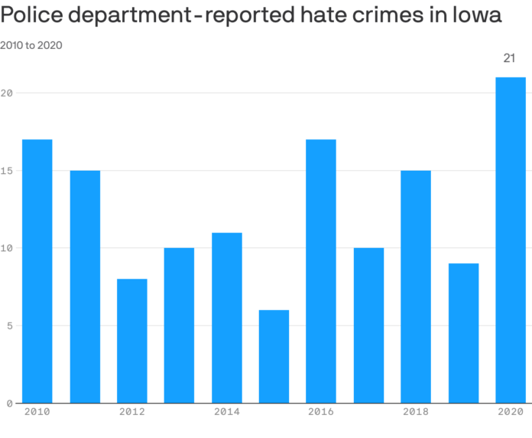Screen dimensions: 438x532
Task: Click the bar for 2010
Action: click(x=37, y=271)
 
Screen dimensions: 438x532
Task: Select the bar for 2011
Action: click(x=85, y=286)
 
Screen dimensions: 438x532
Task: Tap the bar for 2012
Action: click(x=132, y=341)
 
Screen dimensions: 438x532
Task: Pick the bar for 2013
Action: click(x=179, y=325)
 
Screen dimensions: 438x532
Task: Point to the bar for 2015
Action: click(x=274, y=356)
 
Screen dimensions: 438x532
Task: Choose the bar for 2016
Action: click(x=321, y=271)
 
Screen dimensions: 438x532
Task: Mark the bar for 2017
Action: click(x=368, y=325)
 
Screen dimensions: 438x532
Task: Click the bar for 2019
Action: click(x=463, y=333)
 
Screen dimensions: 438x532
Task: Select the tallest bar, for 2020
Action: click(x=511, y=240)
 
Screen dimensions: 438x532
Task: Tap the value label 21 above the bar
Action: click(x=510, y=58)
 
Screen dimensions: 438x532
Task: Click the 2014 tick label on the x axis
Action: click(x=226, y=412)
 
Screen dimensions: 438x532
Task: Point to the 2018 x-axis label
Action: click(x=416, y=412)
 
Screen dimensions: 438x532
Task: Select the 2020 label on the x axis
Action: click(x=511, y=412)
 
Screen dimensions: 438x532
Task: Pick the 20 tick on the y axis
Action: click(x=7, y=93)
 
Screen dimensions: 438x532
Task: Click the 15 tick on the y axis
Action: click(x=7, y=171)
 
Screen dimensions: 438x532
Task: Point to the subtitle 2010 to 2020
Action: click(x=31, y=45)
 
